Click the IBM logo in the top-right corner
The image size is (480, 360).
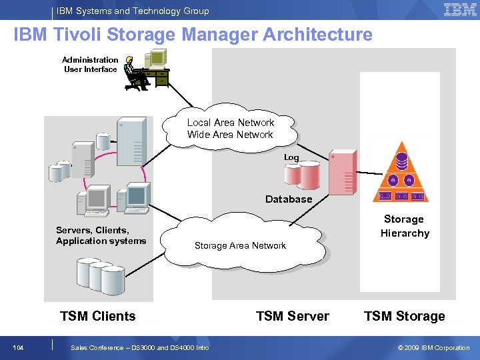459,9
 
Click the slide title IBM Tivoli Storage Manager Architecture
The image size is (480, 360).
193,35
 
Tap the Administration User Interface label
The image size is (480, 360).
91,65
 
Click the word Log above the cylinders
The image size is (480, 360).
291,157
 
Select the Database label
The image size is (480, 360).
288,199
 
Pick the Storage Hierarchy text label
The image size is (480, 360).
405,226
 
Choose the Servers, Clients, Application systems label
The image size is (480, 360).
101,235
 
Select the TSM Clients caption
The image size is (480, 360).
97,316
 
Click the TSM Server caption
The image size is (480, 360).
292,316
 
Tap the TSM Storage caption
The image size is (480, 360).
404,316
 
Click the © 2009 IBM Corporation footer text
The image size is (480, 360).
433,347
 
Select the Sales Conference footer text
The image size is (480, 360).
139,347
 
